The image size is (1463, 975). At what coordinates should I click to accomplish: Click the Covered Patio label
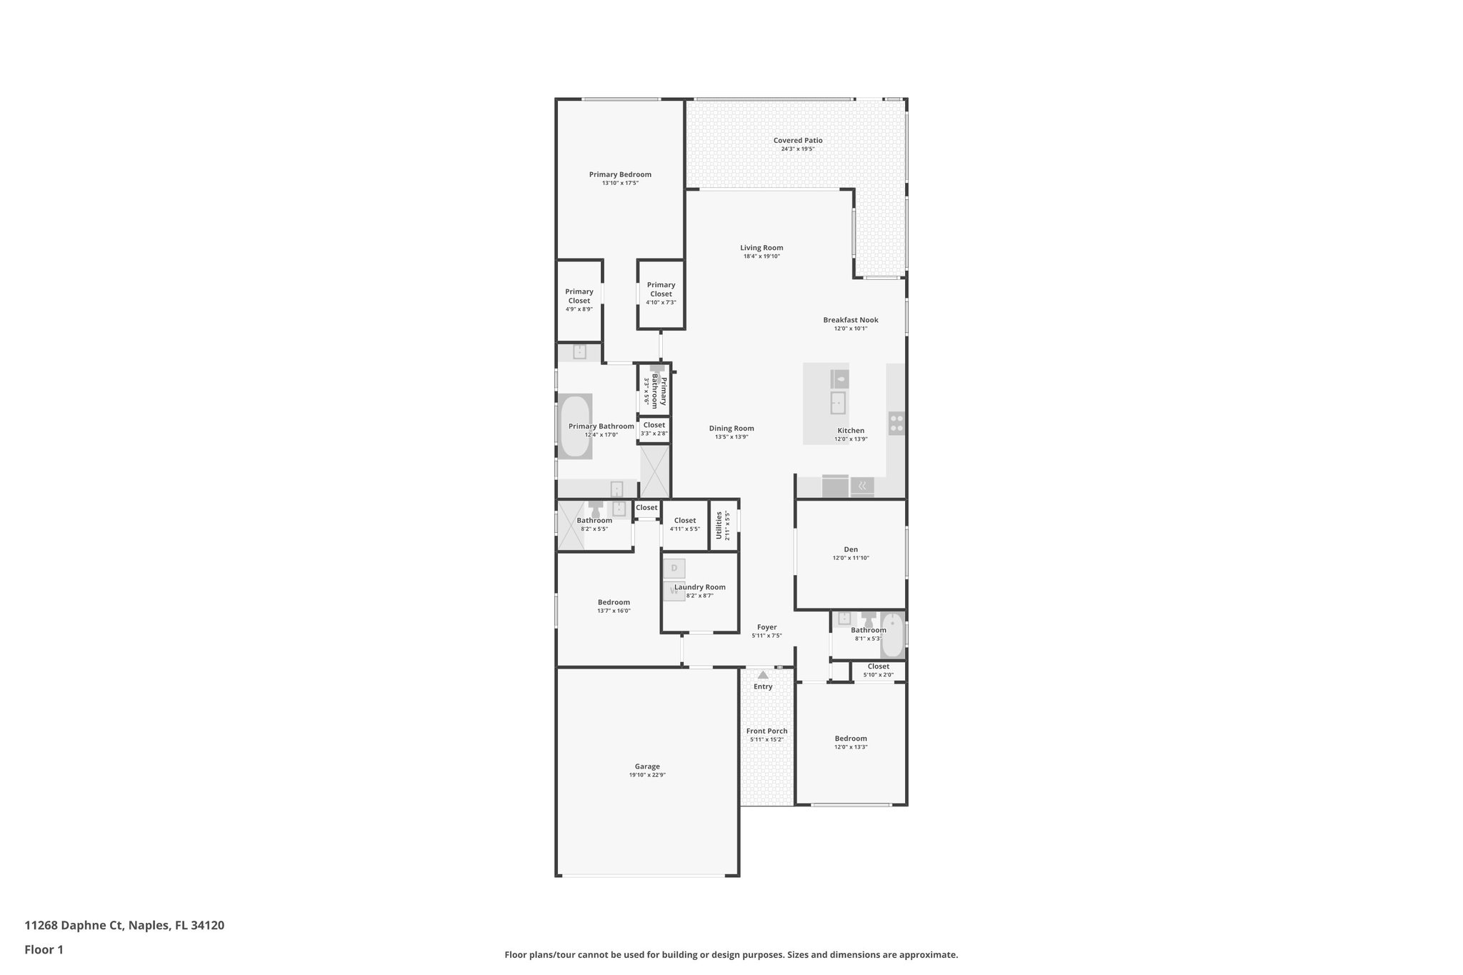797,141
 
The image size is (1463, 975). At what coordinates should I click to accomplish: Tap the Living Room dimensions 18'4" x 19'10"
762,256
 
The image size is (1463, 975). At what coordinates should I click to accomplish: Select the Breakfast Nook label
850,320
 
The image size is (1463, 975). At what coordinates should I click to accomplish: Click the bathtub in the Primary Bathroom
575,426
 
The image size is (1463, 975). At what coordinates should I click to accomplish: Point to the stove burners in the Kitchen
896,424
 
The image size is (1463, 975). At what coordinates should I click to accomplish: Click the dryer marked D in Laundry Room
674,569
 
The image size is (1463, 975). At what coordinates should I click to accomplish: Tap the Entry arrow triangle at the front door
763,675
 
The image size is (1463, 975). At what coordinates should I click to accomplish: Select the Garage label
647,766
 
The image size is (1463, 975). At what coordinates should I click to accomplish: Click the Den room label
850,549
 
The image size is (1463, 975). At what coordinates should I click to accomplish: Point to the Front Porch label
767,731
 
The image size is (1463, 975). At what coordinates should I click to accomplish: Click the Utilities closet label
719,525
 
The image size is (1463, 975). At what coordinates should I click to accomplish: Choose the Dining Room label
731,429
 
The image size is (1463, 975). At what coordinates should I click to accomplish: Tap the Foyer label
767,627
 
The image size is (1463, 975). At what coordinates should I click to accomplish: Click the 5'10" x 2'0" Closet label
878,666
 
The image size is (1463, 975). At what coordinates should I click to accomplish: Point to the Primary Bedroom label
620,174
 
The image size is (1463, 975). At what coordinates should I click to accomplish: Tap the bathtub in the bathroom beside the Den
892,635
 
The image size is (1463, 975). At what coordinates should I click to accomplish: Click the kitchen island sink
837,403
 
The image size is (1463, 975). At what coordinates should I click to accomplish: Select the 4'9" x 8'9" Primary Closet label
579,296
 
